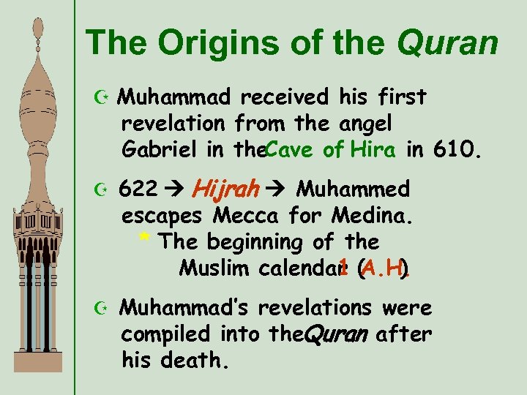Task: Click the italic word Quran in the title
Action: [447, 44]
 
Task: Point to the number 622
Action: [138, 189]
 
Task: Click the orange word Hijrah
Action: [226, 189]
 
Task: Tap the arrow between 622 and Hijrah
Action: [175, 190]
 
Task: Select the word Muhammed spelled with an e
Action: [353, 189]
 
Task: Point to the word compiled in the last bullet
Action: [164, 334]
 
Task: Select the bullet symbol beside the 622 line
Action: [100, 190]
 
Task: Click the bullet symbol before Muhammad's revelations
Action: [100, 309]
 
